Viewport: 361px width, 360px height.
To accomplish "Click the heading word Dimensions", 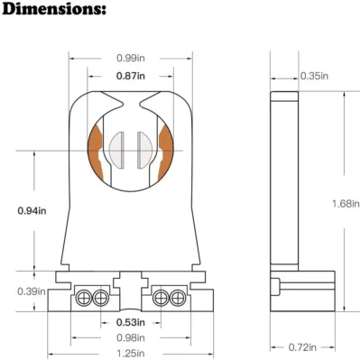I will [64, 12].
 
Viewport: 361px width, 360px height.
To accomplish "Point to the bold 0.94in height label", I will [32, 210].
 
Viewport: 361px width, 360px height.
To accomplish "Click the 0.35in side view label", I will [313, 75].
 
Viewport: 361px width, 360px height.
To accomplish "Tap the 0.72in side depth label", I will [304, 346].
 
